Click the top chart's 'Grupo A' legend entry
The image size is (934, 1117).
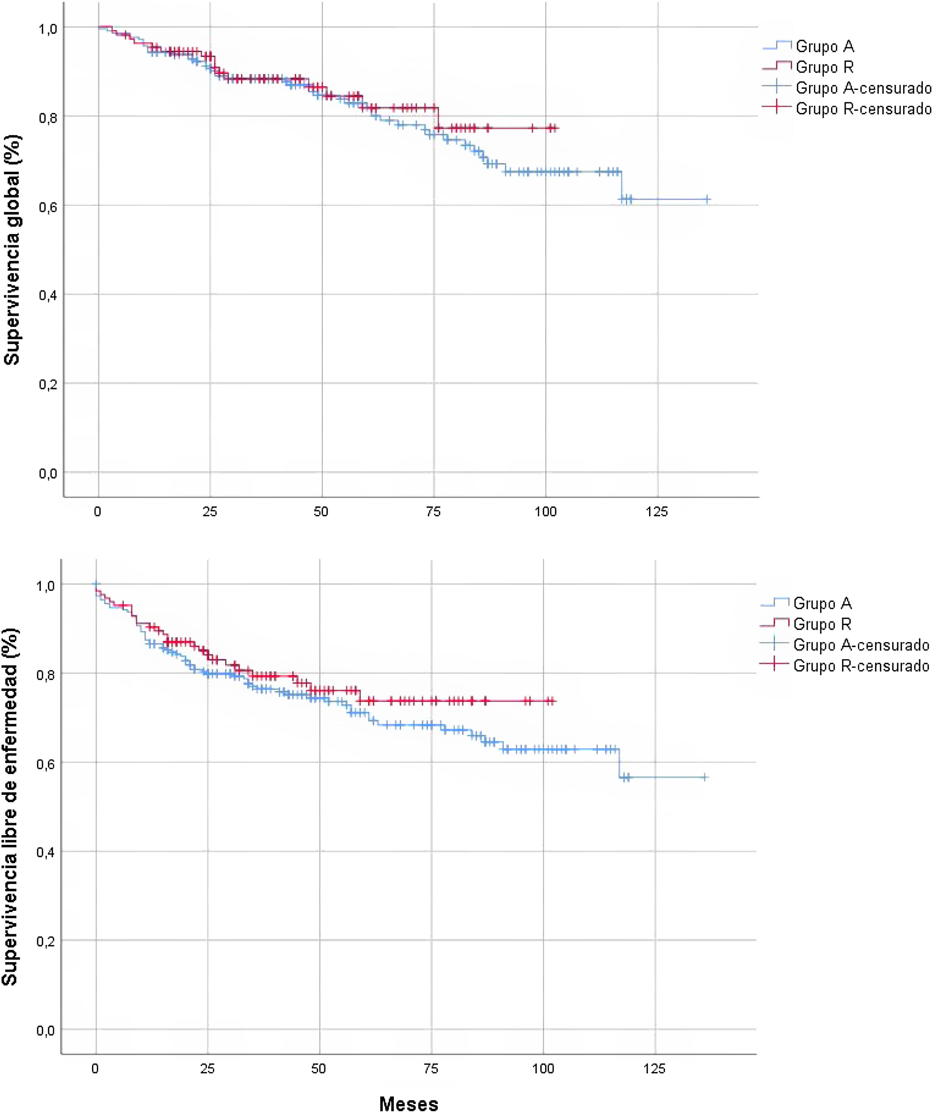pyautogui.click(x=825, y=47)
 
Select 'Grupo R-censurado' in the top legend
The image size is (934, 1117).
pyautogui.click(x=863, y=109)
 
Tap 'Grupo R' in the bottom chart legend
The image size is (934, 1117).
pyautogui.click(x=822, y=623)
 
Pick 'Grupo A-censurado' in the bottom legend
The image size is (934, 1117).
pyautogui.click(x=861, y=645)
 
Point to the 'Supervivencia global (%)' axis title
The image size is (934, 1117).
pyautogui.click(x=12, y=250)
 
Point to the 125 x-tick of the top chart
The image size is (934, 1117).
pyautogui.click(x=657, y=512)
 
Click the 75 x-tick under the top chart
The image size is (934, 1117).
pyautogui.click(x=433, y=512)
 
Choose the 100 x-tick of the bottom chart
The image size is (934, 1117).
pyautogui.click(x=543, y=1069)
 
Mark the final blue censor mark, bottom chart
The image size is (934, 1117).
pyautogui.click(x=705, y=777)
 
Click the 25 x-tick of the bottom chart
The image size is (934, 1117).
pyautogui.click(x=207, y=1069)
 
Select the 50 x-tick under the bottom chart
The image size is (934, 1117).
pyautogui.click(x=319, y=1069)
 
